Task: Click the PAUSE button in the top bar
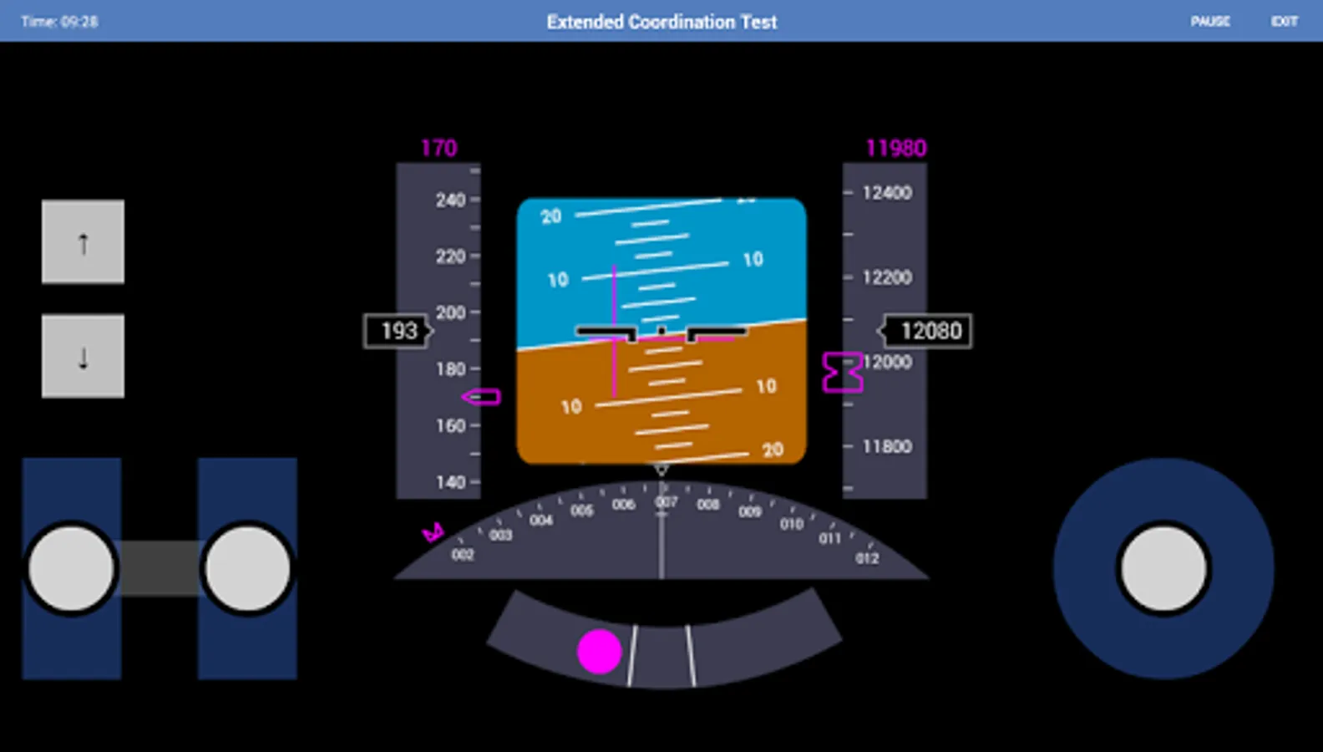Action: coord(1209,22)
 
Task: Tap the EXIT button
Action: coord(1284,22)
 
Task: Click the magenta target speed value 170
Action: coord(438,149)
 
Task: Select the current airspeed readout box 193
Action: coord(398,331)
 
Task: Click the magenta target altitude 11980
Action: coord(895,149)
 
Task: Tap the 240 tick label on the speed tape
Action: coord(450,200)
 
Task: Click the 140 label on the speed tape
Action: coord(450,482)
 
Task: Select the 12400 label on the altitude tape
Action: coord(887,193)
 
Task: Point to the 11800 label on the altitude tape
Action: coord(887,447)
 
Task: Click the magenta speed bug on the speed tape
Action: coord(482,397)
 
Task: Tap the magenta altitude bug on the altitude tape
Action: coord(842,373)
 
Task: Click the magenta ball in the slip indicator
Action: coord(600,652)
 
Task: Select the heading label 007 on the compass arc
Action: coord(666,502)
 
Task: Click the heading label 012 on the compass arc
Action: coord(867,558)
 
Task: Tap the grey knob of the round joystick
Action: coord(1163,569)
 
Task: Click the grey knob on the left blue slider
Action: coord(72,569)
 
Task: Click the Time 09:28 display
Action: coord(59,22)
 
